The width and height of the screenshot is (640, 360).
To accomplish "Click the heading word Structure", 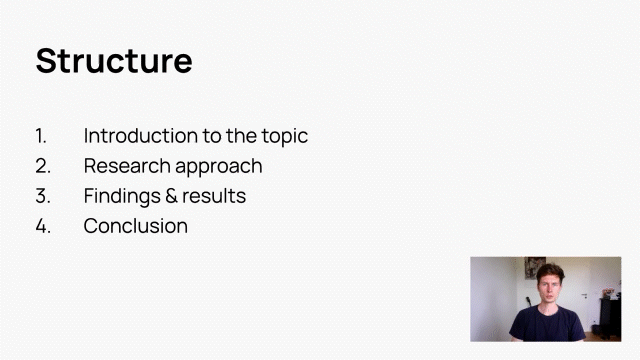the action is pos(114,61).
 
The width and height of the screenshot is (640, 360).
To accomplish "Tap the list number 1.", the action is pos(40,136).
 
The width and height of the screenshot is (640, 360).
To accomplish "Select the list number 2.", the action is pos(43,166).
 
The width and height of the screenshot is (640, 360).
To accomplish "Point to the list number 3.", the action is pos(43,196).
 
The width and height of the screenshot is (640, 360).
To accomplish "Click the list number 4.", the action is pos(43,226).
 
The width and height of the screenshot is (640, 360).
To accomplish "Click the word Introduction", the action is pos(141,136).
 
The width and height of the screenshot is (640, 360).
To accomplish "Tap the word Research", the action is pos(127,166).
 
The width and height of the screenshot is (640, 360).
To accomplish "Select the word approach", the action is pos(219,167).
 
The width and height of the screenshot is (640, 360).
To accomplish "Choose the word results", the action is pos(214,196).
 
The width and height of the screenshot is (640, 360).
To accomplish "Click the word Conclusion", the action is pos(136,226).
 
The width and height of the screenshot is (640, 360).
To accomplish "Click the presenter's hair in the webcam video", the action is pos(550,271).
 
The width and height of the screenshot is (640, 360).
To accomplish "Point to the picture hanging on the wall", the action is pos(535,268).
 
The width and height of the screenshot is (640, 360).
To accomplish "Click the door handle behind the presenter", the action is pos(584,295).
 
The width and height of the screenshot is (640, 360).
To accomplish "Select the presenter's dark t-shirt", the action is pos(547,323).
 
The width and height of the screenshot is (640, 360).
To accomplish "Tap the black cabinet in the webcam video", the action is pos(610,318).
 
